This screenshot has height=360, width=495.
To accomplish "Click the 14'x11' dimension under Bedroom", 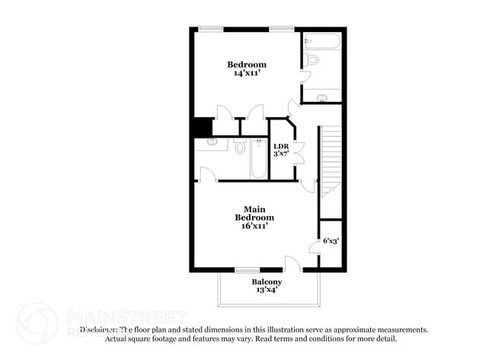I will pyautogui.click(x=247, y=74).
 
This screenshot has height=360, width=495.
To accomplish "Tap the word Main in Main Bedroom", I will pyautogui.click(x=254, y=209).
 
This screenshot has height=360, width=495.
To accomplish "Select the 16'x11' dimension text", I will pyautogui.click(x=254, y=226).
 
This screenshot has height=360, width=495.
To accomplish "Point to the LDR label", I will pyautogui.click(x=281, y=146).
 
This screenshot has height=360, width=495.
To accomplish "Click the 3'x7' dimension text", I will pyautogui.click(x=281, y=154).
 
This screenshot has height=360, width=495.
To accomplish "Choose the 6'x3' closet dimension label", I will pyautogui.click(x=331, y=241).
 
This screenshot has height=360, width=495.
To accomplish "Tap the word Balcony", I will pyautogui.click(x=267, y=282).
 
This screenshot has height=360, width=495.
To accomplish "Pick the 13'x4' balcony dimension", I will pyautogui.click(x=267, y=290).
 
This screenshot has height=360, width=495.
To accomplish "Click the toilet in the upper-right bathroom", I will pyautogui.click(x=312, y=59).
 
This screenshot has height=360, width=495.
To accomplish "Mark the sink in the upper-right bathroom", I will pyautogui.click(x=322, y=97).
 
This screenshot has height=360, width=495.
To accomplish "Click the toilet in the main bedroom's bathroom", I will pyautogui.click(x=239, y=146).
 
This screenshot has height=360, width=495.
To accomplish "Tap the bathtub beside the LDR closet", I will pyautogui.click(x=258, y=159).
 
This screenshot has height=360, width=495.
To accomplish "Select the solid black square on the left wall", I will pyautogui.click(x=202, y=127).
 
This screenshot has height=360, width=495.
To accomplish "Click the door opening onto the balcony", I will pyautogui.click(x=292, y=264).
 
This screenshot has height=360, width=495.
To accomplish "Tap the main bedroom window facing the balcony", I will pyautogui.click(x=247, y=270).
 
